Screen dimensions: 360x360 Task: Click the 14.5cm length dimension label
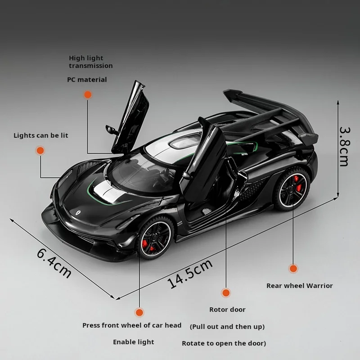(x=190, y=274)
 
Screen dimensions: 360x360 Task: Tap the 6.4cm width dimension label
(x=54, y=263)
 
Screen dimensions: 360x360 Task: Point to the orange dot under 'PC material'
(x=88, y=94)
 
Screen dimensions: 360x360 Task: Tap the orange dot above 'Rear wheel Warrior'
(x=293, y=269)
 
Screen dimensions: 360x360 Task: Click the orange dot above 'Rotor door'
(x=226, y=292)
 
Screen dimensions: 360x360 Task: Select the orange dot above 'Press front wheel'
(x=139, y=312)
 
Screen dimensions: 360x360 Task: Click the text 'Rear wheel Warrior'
(x=299, y=285)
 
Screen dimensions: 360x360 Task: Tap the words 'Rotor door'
(x=227, y=310)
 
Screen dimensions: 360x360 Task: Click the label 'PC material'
(x=87, y=80)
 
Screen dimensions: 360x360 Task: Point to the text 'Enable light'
(x=133, y=342)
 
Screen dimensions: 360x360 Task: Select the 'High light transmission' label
(x=90, y=62)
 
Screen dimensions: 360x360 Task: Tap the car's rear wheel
(x=292, y=188)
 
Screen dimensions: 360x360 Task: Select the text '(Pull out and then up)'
(x=227, y=326)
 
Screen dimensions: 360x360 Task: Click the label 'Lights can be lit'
(x=41, y=135)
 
